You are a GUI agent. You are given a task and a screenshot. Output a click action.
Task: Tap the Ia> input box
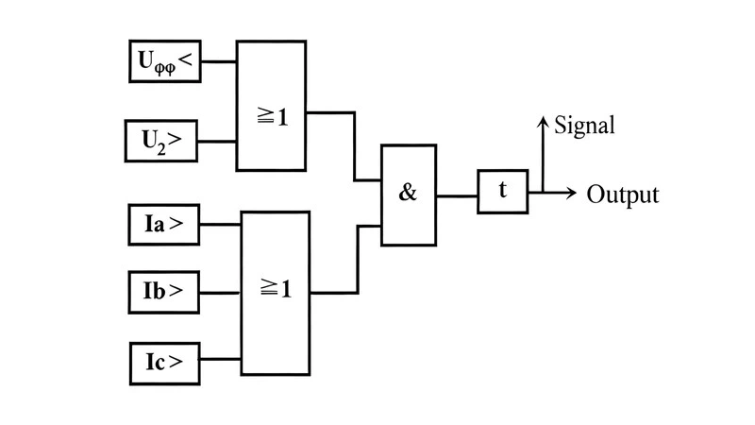pyautogui.click(x=164, y=225)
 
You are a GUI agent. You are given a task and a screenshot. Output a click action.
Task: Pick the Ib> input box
pyautogui.click(x=164, y=292)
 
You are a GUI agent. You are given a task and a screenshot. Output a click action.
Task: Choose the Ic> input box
pyautogui.click(x=164, y=361)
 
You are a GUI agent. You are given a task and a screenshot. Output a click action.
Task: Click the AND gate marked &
pyautogui.click(x=409, y=195)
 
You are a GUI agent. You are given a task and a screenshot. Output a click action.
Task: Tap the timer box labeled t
pyautogui.click(x=502, y=192)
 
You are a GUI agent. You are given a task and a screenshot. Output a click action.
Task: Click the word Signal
pyautogui.click(x=584, y=126)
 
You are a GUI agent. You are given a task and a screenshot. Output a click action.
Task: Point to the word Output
pyautogui.click(x=623, y=195)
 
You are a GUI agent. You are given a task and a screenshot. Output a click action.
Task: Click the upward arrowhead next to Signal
pyautogui.click(x=544, y=122)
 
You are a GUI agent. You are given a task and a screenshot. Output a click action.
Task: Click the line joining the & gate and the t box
pyautogui.click(x=457, y=195)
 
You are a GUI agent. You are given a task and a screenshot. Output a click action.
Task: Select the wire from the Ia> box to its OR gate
pyautogui.click(x=221, y=225)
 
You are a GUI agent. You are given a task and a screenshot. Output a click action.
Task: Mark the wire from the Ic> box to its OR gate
pyautogui.click(x=221, y=361)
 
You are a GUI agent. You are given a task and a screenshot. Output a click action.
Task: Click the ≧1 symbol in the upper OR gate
pyautogui.click(x=272, y=118)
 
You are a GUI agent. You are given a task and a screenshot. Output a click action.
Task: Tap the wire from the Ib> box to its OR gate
pyautogui.click(x=221, y=292)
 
